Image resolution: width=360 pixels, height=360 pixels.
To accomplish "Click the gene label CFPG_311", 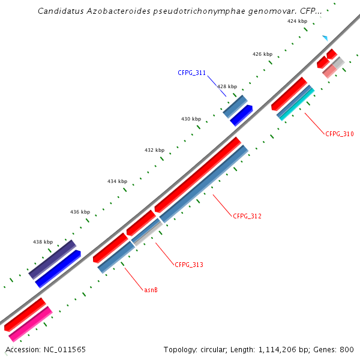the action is pos(191,73).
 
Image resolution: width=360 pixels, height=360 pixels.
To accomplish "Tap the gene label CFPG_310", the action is pos(340,134).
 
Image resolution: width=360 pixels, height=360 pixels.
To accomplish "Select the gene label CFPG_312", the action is pos(247,215).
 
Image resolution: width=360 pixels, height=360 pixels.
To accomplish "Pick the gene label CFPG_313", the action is pos(189,265).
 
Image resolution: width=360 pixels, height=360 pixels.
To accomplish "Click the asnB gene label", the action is pos(151,290).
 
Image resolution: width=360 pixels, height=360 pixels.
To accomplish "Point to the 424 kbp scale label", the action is pos(297,21).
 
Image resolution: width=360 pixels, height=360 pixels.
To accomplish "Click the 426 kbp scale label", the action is pos(262,54).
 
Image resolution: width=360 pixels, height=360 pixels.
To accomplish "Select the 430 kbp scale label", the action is pos(191,119).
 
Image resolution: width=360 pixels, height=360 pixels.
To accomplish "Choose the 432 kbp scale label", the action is pos(154,150).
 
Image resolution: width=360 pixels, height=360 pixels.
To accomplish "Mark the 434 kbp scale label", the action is pos(117,181).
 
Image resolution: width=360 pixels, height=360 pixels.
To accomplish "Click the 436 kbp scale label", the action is pos(80,212).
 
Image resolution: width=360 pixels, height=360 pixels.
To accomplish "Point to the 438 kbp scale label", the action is pos(43,242).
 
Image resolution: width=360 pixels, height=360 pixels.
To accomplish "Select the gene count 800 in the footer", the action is pos(347,349).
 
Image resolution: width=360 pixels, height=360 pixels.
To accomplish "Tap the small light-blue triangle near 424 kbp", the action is pos(325,38).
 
